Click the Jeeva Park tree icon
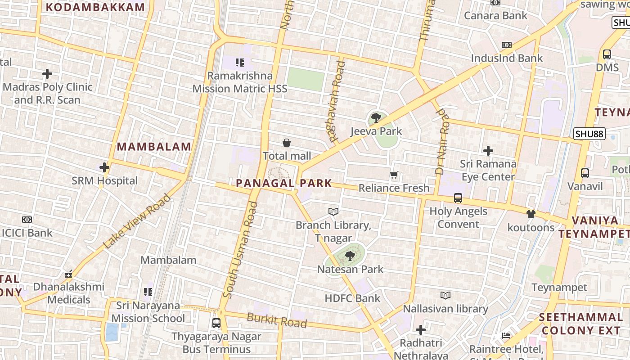pos(376,118)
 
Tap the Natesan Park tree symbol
pos(349,256)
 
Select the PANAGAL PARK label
pos(284,183)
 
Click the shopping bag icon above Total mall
pos(287,143)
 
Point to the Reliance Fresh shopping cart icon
pos(394,175)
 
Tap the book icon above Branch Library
pos(333,211)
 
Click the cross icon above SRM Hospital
pos(104,168)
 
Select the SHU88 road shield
pos(589,134)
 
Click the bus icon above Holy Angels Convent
pos(458,198)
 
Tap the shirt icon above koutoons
pos(531,214)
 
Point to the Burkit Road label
pos(277,320)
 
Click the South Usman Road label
pos(241,250)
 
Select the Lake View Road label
pos(137,221)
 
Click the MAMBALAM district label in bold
pos(154,147)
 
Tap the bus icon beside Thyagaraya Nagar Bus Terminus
pos(216,323)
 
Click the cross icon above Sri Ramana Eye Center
pos(488,151)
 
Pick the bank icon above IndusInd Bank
pos(507,45)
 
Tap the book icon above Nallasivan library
pos(445,295)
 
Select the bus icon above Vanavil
pos(585,173)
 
